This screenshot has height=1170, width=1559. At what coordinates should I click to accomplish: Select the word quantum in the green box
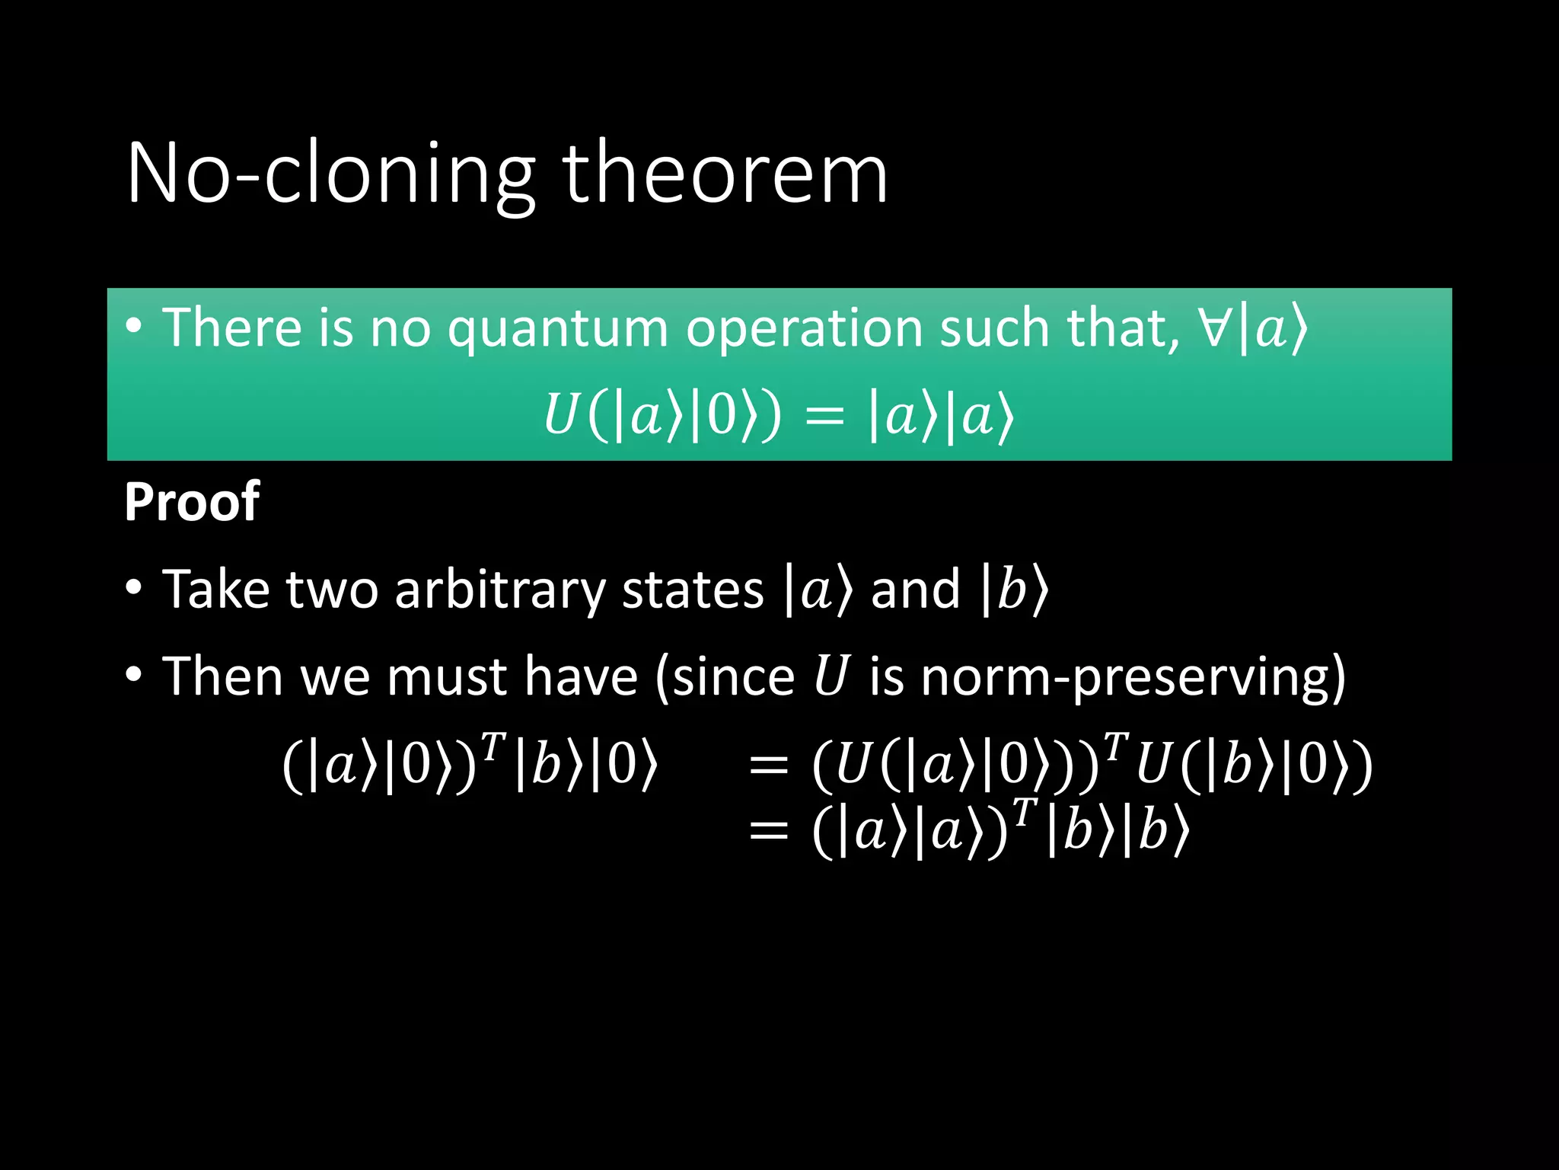click(x=556, y=328)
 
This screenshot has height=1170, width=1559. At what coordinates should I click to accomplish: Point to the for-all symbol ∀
click(x=1217, y=328)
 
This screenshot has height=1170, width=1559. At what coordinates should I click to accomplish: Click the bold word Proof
click(x=192, y=502)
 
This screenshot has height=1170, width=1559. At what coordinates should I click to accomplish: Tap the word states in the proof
click(x=692, y=590)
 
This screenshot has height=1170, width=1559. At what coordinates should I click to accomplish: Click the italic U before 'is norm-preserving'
click(x=831, y=676)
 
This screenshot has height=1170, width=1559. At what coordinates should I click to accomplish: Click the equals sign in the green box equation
click(x=824, y=418)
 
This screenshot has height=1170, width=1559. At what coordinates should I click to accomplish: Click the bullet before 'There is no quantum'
click(x=134, y=326)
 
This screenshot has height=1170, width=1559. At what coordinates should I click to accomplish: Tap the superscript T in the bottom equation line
click(x=1025, y=812)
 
